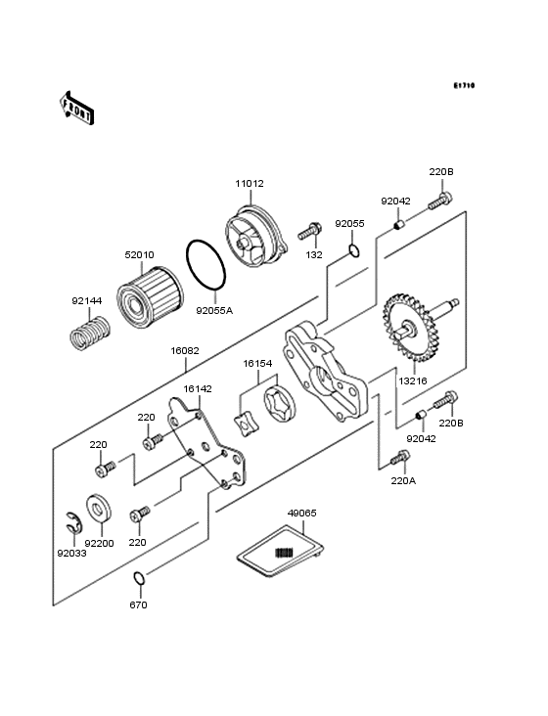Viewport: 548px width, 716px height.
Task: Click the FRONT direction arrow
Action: click(x=76, y=108)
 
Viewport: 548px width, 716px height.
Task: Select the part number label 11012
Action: click(x=250, y=184)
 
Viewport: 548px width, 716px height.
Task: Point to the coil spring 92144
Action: click(x=91, y=334)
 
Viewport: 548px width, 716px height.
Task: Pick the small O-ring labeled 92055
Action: click(x=354, y=250)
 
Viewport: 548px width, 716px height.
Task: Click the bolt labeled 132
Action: click(x=309, y=232)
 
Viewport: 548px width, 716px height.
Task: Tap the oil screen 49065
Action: click(x=281, y=550)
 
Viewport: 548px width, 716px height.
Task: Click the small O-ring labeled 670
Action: click(x=139, y=578)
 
